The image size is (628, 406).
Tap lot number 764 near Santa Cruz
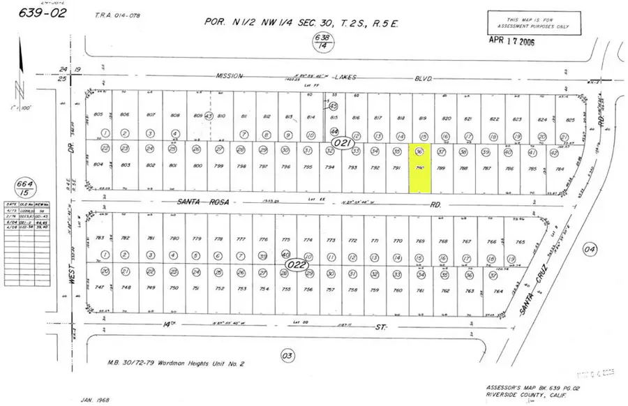(x=498, y=290)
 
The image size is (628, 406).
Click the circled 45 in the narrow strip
(x=334, y=105)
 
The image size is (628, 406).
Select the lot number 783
(x=107, y=238)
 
